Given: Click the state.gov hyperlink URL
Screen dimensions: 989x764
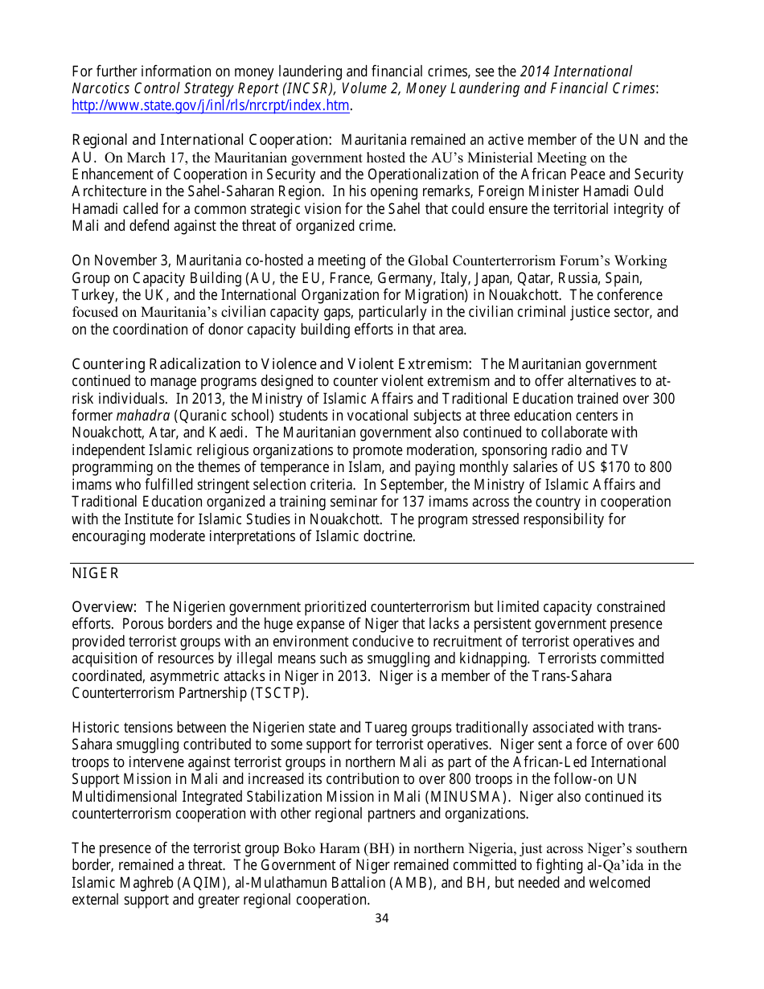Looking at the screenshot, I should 211,105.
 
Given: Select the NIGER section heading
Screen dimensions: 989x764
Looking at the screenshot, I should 95,573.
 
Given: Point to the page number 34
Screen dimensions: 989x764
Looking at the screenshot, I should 382,918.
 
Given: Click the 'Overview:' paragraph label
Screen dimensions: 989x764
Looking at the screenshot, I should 104,607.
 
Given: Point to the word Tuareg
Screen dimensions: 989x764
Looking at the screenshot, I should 378,728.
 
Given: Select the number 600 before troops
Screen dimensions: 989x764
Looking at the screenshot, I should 667,745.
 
